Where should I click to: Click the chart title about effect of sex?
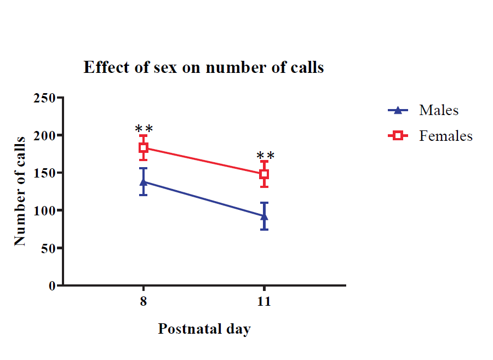pos(203,67)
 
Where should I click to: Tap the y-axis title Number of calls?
pos(20,191)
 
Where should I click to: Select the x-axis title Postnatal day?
pos(204,329)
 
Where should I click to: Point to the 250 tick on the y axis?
pos(45,98)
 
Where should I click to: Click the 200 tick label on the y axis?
pos(45,135)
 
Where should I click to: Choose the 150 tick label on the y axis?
pos(45,173)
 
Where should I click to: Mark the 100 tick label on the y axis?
pos(45,210)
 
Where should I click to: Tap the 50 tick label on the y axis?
pos(49,248)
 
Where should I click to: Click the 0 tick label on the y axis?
pos(53,285)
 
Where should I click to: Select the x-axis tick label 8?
pos(144,302)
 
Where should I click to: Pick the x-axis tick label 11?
pos(264,302)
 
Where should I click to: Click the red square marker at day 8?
pos(144,147)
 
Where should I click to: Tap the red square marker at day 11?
pos(264,174)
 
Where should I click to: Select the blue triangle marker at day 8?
pos(144,181)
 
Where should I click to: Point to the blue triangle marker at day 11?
pos(264,215)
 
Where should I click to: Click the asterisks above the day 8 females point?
pos(144,130)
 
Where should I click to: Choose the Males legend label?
pos(439,110)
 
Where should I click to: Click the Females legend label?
pos(446,135)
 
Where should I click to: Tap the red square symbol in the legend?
pos(398,135)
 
